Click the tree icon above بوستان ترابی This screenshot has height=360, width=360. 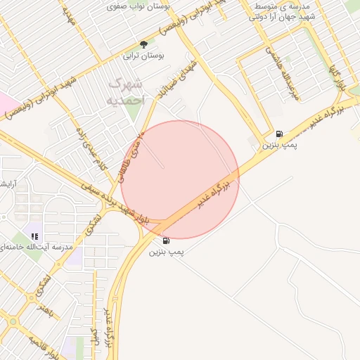143,44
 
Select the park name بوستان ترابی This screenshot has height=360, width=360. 143,55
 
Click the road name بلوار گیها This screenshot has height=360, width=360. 338,79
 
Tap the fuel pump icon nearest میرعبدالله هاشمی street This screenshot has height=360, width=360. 280,134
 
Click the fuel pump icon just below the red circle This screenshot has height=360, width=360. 166,240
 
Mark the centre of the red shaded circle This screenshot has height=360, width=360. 180,179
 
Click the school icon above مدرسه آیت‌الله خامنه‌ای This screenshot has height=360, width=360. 35,236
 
